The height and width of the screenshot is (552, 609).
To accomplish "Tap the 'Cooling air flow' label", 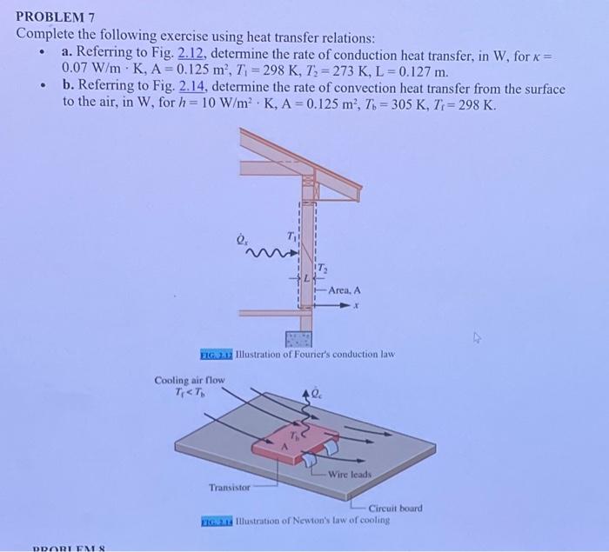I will [x=190, y=381].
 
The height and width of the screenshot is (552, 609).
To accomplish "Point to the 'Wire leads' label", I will [x=349, y=475].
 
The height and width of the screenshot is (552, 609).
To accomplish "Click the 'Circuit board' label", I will [x=395, y=508].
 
